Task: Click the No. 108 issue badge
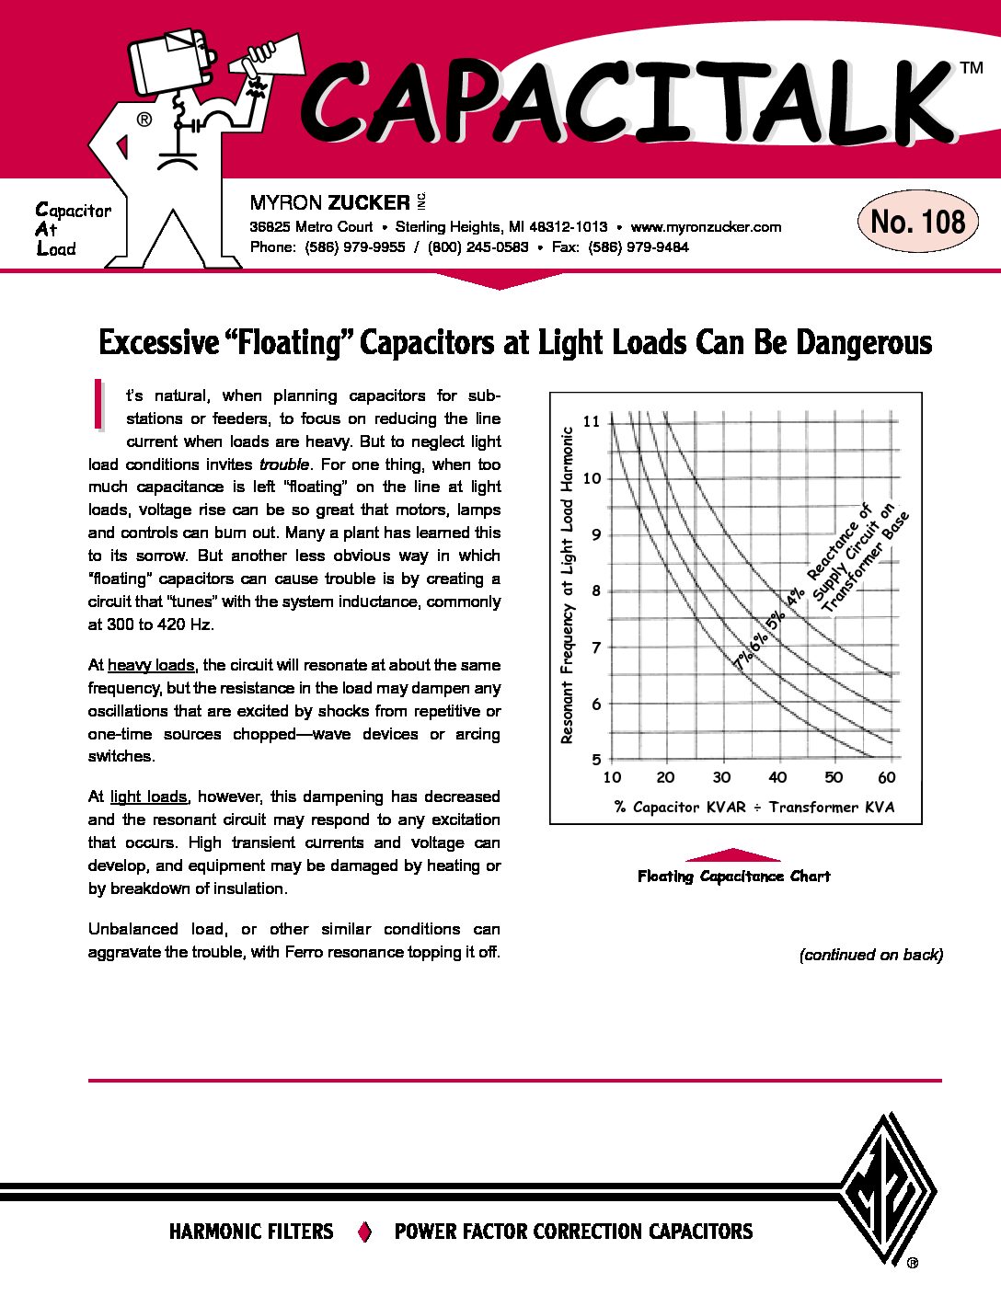pyautogui.click(x=917, y=222)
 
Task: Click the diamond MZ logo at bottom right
pyautogui.click(x=888, y=1190)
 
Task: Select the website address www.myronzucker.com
pyautogui.click(x=706, y=227)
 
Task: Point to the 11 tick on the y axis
pyautogui.click(x=591, y=421)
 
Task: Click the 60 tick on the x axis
pyautogui.click(x=886, y=777)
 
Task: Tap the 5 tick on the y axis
pyautogui.click(x=596, y=760)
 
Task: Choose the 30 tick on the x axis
pyautogui.click(x=721, y=777)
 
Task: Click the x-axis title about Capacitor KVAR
pyautogui.click(x=754, y=808)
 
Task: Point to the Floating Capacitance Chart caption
pyautogui.click(x=733, y=877)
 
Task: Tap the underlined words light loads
pyautogui.click(x=148, y=796)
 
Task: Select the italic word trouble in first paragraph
pyautogui.click(x=284, y=464)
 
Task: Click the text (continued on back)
pyautogui.click(x=870, y=955)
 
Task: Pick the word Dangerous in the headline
pyautogui.click(x=864, y=343)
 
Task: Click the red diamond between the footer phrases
pyautogui.click(x=364, y=1232)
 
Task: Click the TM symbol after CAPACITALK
pyautogui.click(x=971, y=68)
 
